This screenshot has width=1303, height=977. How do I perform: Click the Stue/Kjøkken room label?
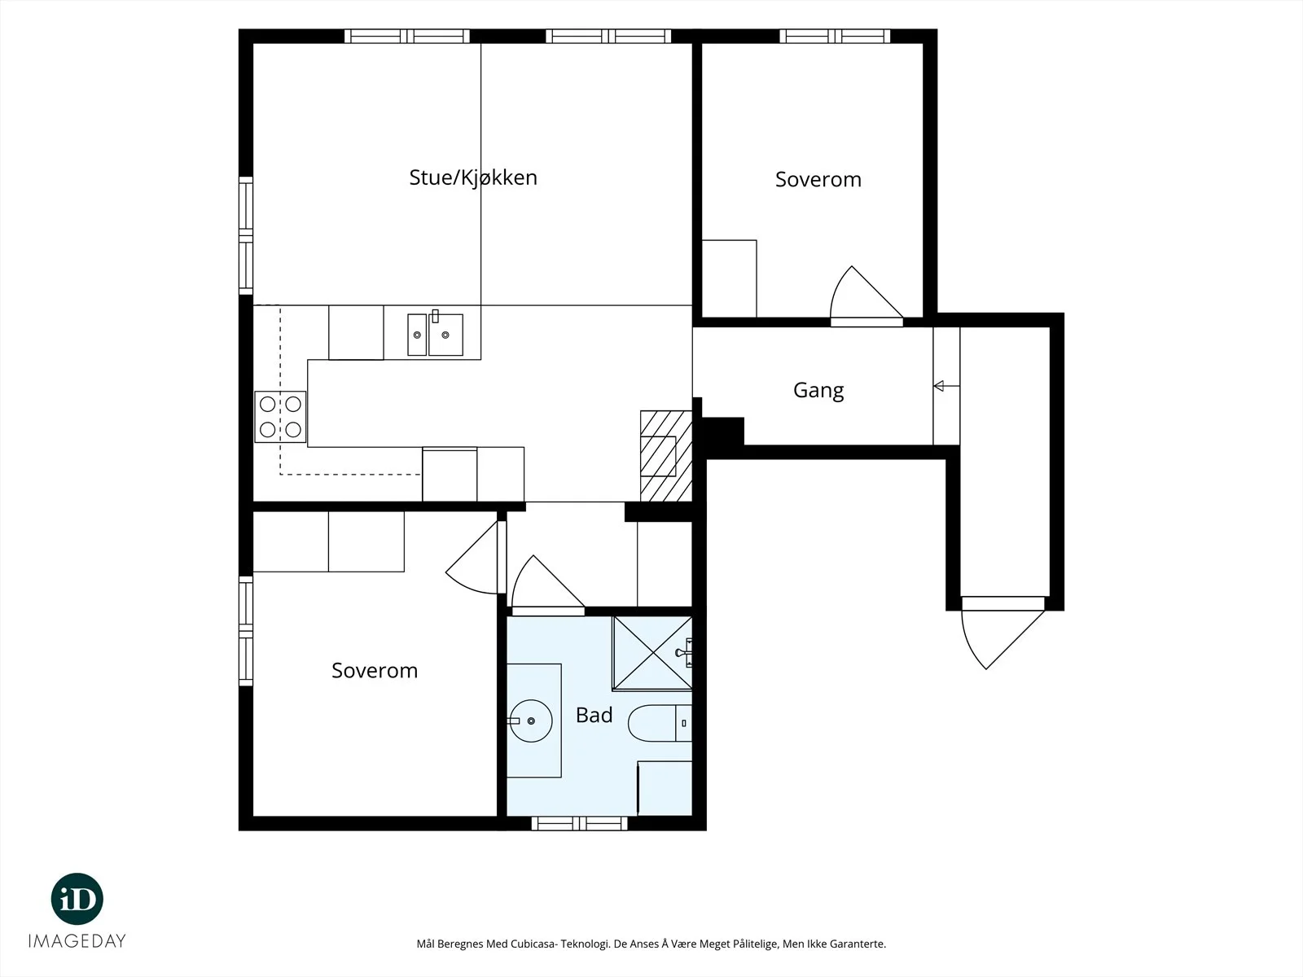(473, 178)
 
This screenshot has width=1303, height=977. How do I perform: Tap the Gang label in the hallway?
(818, 390)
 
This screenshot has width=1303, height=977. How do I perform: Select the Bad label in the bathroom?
(594, 716)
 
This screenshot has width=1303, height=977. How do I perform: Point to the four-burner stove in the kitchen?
(281, 417)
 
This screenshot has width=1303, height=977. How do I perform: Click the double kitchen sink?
(435, 334)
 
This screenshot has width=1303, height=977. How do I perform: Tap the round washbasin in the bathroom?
(531, 721)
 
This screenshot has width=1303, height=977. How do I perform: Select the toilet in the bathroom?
(660, 723)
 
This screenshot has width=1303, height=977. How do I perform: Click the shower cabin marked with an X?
(652, 654)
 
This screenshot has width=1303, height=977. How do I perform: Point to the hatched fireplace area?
(666, 456)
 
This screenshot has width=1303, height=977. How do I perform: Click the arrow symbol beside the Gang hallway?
(946, 386)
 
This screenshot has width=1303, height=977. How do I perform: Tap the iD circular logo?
(77, 899)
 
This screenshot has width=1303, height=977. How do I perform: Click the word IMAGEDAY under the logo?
(77, 941)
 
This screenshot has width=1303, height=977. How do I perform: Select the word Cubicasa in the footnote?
(534, 944)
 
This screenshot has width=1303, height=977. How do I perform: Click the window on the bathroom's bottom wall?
(579, 823)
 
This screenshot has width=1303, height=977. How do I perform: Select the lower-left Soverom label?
(375, 671)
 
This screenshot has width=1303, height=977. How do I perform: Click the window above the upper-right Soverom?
(835, 36)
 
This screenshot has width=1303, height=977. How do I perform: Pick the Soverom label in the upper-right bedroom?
(818, 180)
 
